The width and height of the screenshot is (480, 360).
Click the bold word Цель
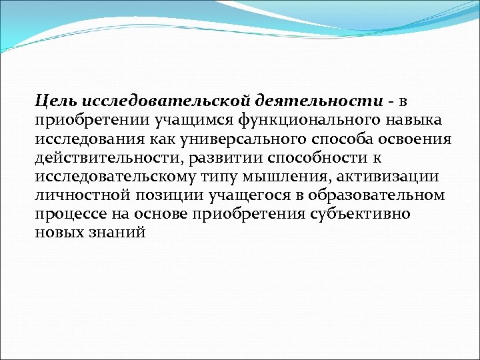[57, 100]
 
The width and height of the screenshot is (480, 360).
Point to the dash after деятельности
[391, 101]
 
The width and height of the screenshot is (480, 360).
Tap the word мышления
[298, 177]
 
